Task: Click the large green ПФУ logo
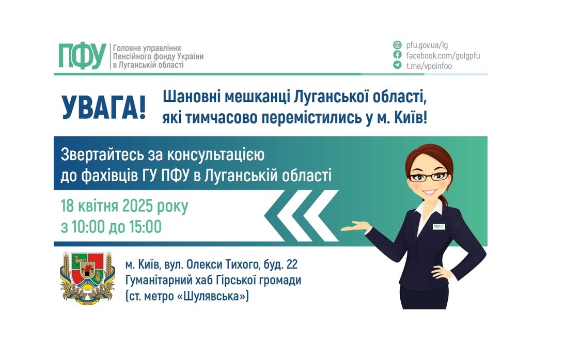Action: point(82,56)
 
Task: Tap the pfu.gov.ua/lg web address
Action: point(427,45)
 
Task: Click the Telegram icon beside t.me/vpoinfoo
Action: point(397,65)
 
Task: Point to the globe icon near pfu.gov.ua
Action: point(397,45)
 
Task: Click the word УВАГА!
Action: point(104,107)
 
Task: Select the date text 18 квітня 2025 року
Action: point(124,206)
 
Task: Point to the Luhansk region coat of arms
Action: point(87,278)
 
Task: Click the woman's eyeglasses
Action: point(428,176)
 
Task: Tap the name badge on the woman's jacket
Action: point(440,227)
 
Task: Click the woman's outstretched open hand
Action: point(356,226)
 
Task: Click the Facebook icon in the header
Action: point(397,55)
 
